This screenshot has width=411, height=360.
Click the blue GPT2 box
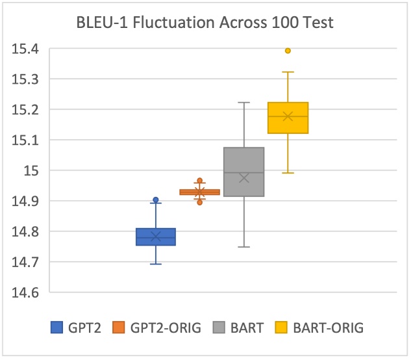pos(156,237)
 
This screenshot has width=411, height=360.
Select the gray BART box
pos(244,172)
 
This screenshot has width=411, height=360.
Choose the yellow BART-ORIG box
pos(288,118)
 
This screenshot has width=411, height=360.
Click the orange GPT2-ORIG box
pos(200,192)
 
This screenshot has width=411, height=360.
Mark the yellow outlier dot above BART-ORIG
pos(288,51)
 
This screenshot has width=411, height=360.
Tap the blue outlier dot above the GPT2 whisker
pos(156,200)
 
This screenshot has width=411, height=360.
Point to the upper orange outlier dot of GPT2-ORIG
pos(200,181)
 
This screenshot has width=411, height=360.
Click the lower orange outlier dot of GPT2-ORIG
pos(200,202)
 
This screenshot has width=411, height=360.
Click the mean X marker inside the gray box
pos(244,178)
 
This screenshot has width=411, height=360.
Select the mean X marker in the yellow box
pos(288,116)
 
